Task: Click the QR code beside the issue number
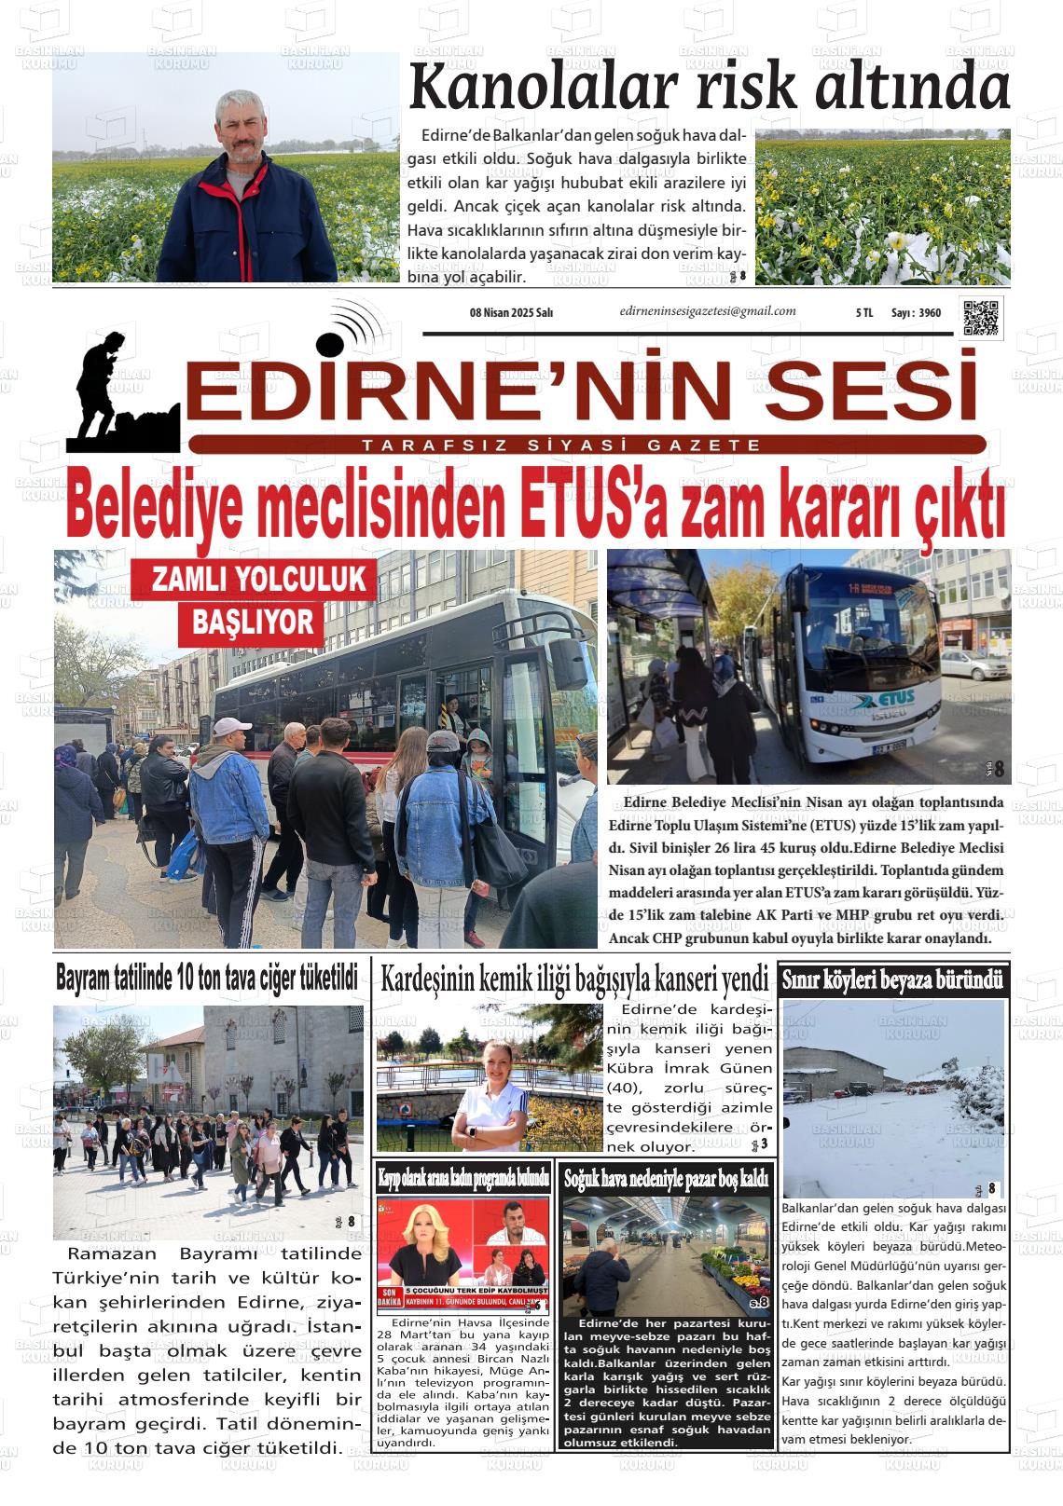point(981,318)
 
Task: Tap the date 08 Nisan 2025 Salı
point(511,313)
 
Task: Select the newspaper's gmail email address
point(707,312)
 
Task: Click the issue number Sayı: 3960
point(916,313)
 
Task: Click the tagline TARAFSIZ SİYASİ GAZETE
point(562,445)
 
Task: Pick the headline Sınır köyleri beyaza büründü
point(892,980)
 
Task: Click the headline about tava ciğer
point(207,978)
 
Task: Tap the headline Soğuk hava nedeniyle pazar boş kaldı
point(666,1179)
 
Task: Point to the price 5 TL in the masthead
point(863,313)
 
